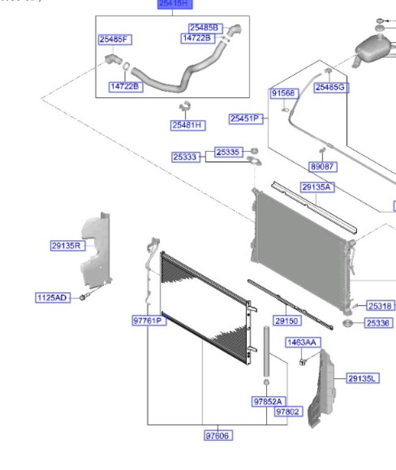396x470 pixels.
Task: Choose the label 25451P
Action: [x=246, y=119]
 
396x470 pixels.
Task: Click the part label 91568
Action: [x=284, y=94]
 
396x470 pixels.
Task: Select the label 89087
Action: [x=323, y=166]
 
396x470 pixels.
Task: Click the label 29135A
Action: [x=317, y=188]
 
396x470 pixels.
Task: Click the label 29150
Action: [x=288, y=321]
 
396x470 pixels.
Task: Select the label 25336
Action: [x=379, y=323]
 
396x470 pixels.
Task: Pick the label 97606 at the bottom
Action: [x=219, y=436]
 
